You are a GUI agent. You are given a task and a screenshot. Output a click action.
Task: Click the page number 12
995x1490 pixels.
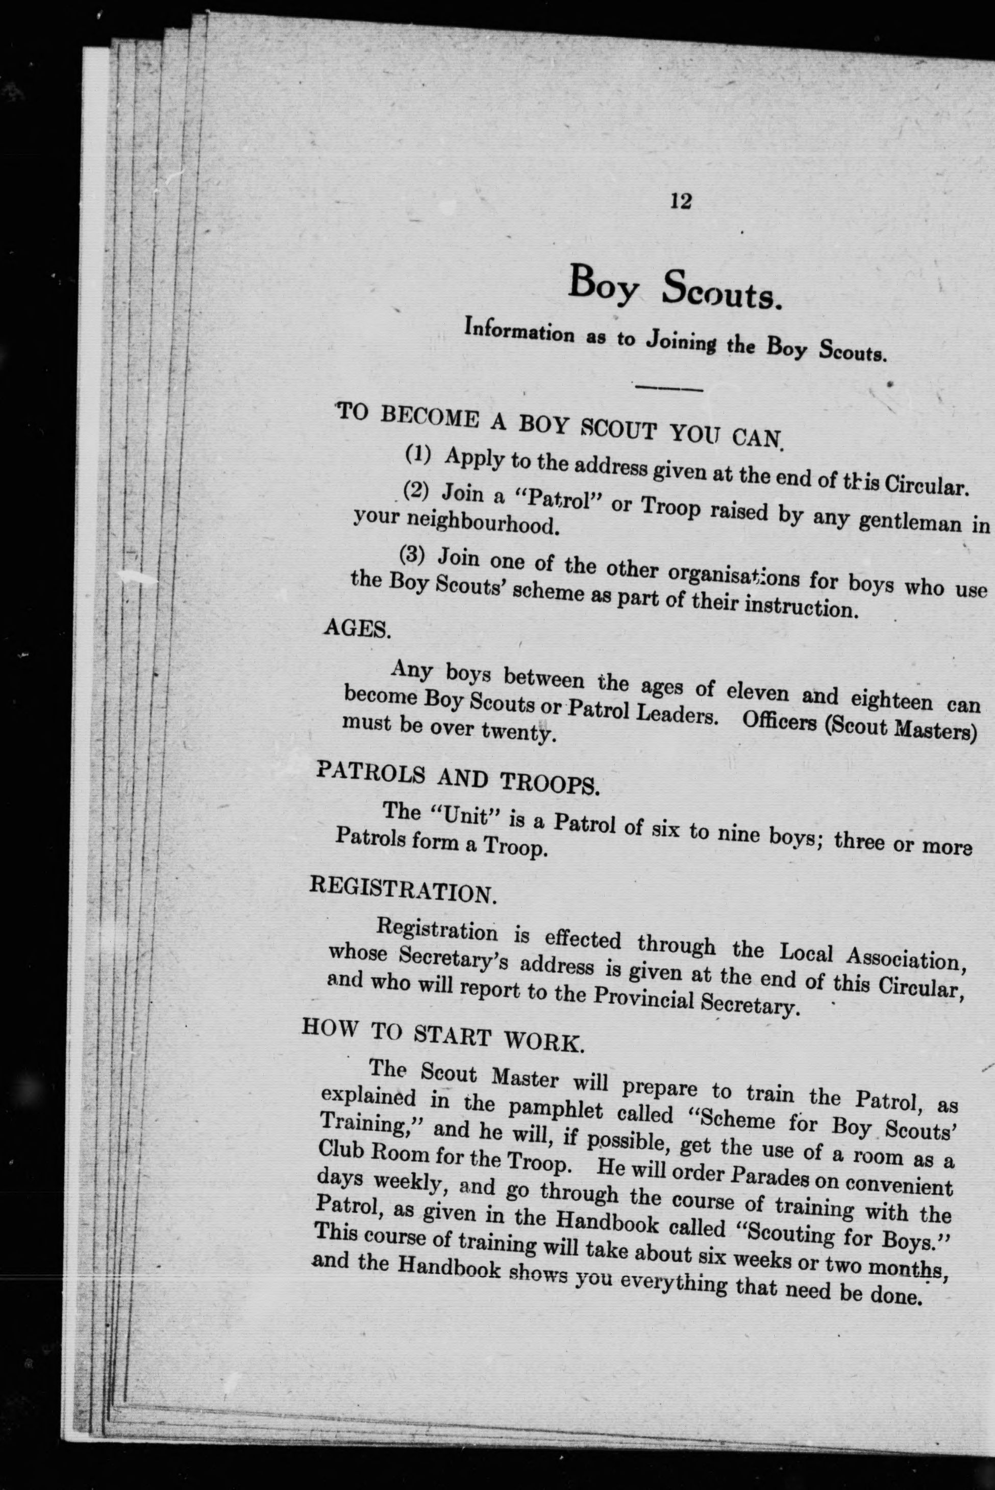click(x=680, y=202)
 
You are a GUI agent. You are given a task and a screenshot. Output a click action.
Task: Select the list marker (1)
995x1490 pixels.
click(x=419, y=454)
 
